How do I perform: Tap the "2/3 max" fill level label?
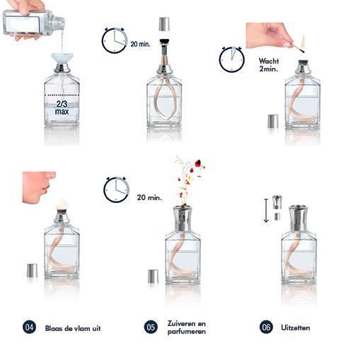pyautogui.click(x=62, y=108)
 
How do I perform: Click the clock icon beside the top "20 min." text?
pyautogui.click(x=114, y=40)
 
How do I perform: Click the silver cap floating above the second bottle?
pyautogui.click(x=164, y=24)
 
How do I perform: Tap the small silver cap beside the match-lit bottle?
pyautogui.click(x=272, y=121)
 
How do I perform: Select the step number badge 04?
pyautogui.click(x=29, y=327)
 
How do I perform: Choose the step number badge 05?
pyautogui.click(x=151, y=327)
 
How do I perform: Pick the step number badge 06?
pyautogui.click(x=266, y=327)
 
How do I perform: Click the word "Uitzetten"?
pyautogui.click(x=295, y=327)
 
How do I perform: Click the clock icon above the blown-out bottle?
pyautogui.click(x=116, y=190)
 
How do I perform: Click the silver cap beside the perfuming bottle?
pyautogui.click(x=153, y=276)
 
